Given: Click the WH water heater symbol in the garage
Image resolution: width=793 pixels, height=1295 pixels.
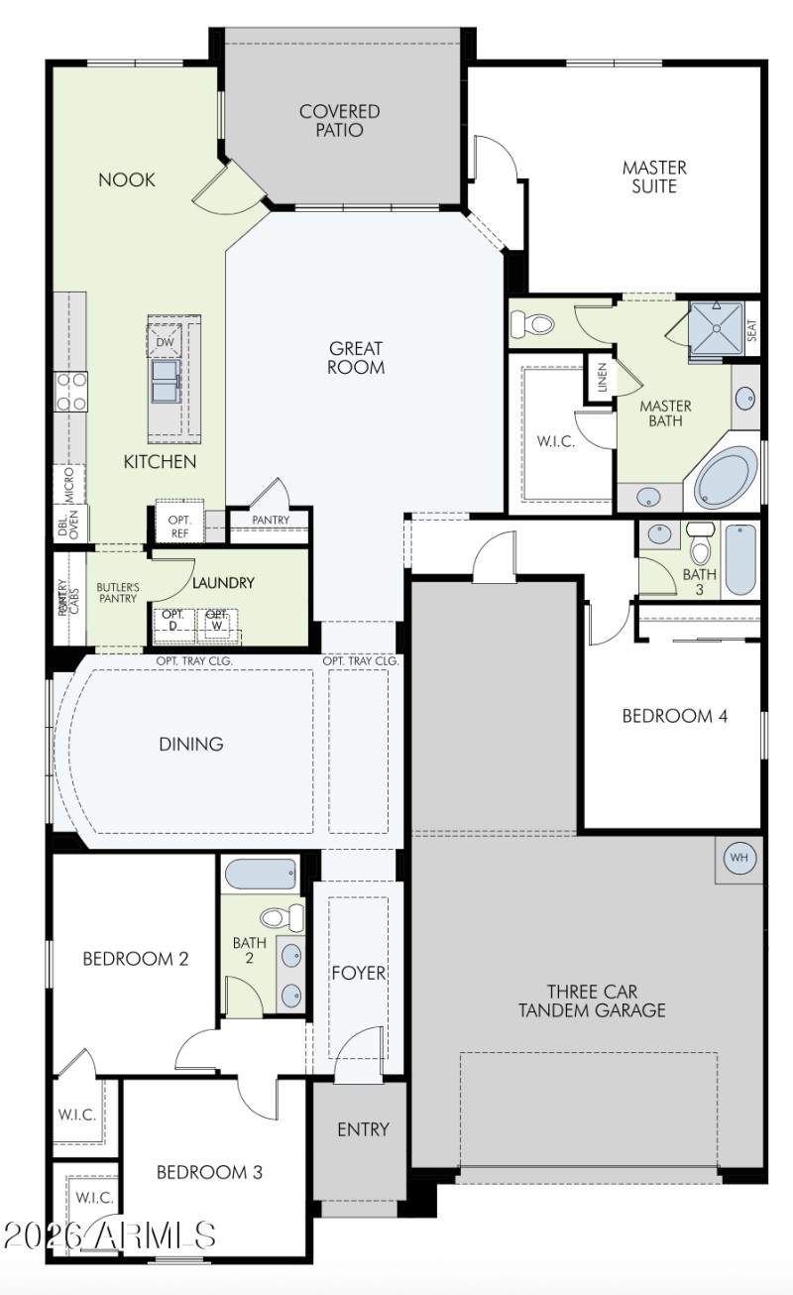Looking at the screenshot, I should point(738,858).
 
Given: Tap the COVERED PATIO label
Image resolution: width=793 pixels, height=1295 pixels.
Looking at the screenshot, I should point(340,121).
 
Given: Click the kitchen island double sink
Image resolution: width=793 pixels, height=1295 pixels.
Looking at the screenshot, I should point(165,381).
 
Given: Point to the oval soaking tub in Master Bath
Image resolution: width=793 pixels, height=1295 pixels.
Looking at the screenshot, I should point(727,478).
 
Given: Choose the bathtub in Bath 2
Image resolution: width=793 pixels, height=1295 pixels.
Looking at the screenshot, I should point(261,876).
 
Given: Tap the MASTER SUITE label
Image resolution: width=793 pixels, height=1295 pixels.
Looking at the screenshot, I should point(654,177).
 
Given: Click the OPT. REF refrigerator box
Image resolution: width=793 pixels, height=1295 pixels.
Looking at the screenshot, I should point(179,526).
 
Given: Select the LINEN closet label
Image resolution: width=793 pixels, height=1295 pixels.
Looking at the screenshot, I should point(602,377).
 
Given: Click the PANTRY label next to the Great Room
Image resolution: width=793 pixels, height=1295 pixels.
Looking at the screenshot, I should point(271,520).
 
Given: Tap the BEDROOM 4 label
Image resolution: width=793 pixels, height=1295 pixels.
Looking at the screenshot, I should point(674,715).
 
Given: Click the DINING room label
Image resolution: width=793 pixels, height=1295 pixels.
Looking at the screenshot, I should point(191,744).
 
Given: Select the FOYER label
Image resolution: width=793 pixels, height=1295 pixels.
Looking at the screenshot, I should point(358,973).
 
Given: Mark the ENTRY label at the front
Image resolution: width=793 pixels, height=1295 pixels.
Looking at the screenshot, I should point(363,1129).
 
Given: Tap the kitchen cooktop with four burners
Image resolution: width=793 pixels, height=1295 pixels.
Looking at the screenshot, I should point(71,390).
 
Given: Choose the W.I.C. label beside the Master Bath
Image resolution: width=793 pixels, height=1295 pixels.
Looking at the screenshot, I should point(555,441).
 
